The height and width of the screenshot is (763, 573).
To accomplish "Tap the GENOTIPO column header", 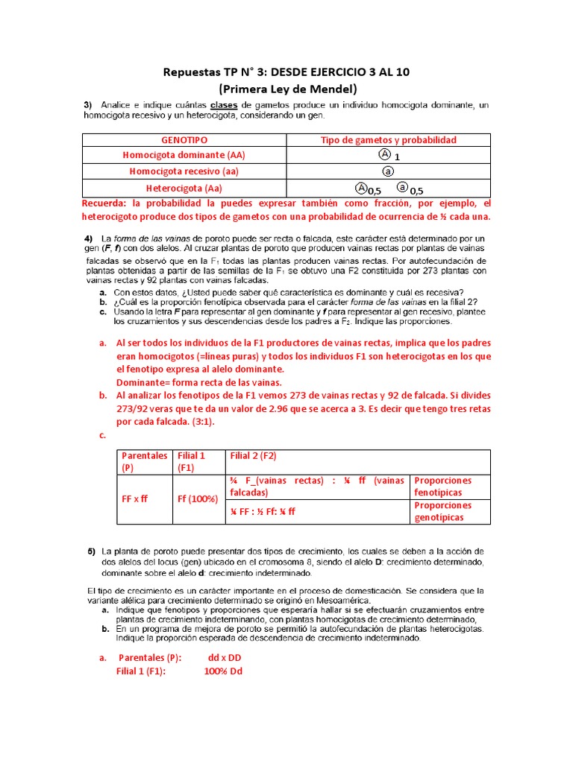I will (x=184, y=140).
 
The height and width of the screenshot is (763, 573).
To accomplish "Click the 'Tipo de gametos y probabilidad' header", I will (x=388, y=140).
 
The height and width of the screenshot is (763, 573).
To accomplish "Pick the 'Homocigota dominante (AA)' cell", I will (x=184, y=156).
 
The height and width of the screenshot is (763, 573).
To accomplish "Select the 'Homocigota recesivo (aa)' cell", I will (x=184, y=171).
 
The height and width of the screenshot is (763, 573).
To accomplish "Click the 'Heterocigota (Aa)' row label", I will (x=184, y=189).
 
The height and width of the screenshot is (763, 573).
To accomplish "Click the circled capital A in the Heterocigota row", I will (x=361, y=188).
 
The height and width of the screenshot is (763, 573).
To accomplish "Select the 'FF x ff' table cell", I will (x=136, y=498).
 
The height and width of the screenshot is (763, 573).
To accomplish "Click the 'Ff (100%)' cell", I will (x=196, y=498).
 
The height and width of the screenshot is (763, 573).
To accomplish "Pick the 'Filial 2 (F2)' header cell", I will (x=254, y=456).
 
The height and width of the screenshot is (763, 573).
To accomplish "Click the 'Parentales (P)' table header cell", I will (x=144, y=462).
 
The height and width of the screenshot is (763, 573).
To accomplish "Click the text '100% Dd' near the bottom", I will (x=223, y=671).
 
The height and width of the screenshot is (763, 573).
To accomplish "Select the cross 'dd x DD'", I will (x=225, y=657).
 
